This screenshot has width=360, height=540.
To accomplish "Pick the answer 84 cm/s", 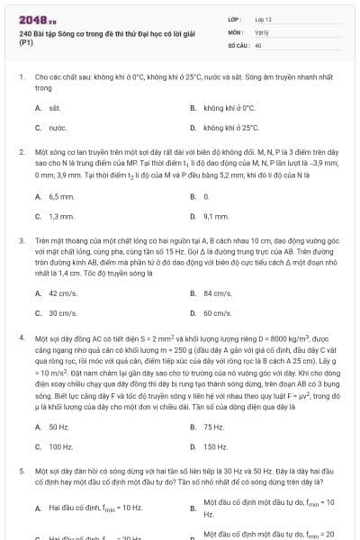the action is tap(218, 292).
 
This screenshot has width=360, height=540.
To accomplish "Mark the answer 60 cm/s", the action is tap(218, 313).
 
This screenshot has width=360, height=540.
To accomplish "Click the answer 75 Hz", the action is tap(213, 427).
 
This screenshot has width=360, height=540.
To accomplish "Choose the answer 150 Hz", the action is tap(215, 446).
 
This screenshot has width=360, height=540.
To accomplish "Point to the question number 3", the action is tap(21, 241).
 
